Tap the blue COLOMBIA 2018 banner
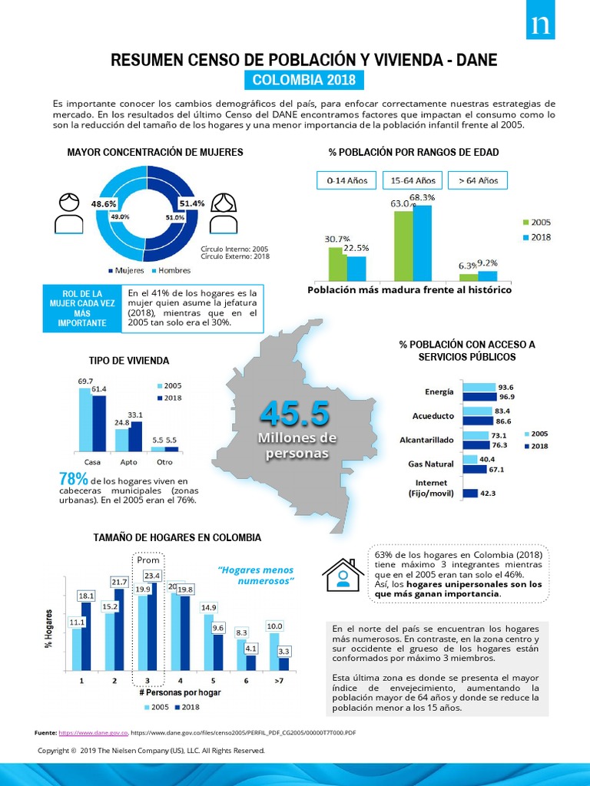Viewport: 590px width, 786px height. (x=300, y=81)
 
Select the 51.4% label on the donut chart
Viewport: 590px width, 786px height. (x=192, y=203)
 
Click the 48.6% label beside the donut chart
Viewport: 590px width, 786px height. (x=104, y=204)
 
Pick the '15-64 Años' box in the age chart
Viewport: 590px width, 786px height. (x=413, y=180)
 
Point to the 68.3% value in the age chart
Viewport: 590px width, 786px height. (x=423, y=197)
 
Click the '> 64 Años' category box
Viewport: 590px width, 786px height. (x=478, y=180)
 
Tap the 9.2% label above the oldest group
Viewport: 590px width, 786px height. (x=488, y=263)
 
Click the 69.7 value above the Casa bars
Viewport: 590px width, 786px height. (x=85, y=381)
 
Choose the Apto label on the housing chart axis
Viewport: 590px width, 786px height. (x=128, y=462)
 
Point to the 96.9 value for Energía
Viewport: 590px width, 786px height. (x=506, y=397)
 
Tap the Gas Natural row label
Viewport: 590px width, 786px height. (x=430, y=464)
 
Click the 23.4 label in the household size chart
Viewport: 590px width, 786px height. (x=151, y=575)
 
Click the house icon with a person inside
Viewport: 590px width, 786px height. (x=343, y=573)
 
